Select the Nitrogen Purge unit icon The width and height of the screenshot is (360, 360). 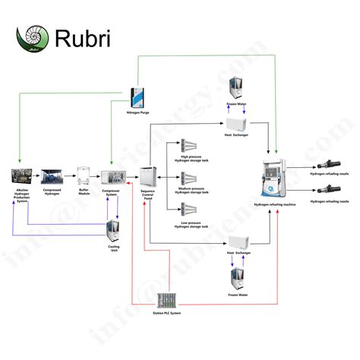tap(138, 96)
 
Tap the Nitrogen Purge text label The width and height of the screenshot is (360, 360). tap(138, 112)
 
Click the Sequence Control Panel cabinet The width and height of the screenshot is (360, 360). tap(147, 177)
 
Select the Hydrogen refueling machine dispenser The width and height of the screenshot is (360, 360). tap(274, 178)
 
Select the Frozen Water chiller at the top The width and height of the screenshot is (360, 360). tap(236, 87)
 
